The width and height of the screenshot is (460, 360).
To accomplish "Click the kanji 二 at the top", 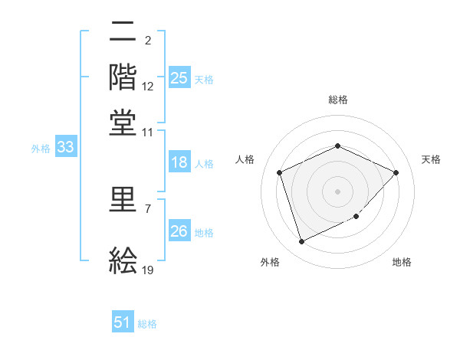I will tap(123, 31).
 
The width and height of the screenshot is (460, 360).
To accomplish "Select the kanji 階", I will tap(123, 77).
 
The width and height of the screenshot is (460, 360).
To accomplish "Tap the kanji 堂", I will tap(123, 122).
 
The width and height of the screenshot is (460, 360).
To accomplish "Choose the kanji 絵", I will tap(123, 260).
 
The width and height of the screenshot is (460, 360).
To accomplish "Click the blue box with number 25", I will tap(179, 77).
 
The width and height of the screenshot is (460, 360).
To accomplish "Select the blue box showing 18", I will tap(179, 162).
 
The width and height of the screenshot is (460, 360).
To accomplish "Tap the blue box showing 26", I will tap(179, 231).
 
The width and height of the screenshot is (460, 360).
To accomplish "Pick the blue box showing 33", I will tap(65, 148).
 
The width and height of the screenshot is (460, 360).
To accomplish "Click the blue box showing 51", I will tap(123, 322).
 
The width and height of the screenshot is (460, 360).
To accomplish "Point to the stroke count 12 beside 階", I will tap(148, 87).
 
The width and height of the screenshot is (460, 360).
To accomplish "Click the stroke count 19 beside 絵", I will tap(148, 270).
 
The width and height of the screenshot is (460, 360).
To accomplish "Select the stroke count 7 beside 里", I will tap(148, 208).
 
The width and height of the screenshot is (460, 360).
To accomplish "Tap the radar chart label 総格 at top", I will tap(337, 100).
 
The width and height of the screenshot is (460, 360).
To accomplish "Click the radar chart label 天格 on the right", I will tap(431, 159).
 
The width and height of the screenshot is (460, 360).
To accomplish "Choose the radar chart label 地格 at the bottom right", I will tap(402, 263).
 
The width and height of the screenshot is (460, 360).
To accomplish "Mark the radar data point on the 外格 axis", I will tap(301, 242).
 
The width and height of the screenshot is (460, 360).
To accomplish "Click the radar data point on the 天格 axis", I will tap(396, 172).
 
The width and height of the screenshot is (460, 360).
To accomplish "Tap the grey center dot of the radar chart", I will tap(337, 191).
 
